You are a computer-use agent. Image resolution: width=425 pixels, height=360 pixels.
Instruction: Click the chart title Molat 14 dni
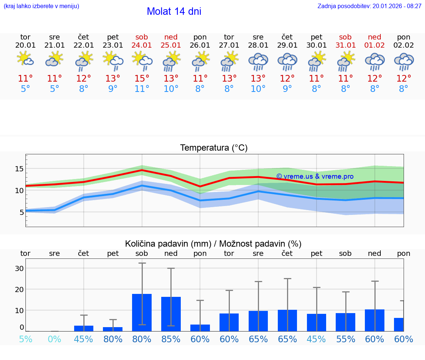tap(174, 11)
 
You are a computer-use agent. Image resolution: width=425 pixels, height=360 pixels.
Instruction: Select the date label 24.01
tap(142, 45)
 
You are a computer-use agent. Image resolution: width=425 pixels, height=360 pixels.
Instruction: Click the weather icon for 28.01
tap(258, 61)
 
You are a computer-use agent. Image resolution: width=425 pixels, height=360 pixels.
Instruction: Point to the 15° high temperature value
tap(142, 79)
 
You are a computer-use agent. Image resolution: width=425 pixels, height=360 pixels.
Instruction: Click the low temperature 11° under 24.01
tap(142, 89)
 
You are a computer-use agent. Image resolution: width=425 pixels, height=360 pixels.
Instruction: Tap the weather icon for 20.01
tap(25, 59)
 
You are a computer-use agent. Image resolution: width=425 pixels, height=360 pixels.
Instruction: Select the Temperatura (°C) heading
tap(214, 148)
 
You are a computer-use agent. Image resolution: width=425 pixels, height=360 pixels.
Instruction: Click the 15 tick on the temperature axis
tap(19, 169)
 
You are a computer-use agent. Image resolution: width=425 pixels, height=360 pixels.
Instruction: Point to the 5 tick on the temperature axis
tap(21, 212)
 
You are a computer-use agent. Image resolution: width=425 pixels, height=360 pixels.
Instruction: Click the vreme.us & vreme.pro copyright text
tap(315, 176)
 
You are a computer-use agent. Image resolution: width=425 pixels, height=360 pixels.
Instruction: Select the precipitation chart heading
tap(213, 244)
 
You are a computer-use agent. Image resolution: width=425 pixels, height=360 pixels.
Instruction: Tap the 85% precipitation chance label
tap(171, 339)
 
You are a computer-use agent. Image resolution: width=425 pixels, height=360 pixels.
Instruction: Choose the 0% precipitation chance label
tap(54, 339)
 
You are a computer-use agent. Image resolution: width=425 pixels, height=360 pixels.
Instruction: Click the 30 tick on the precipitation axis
tap(19, 268)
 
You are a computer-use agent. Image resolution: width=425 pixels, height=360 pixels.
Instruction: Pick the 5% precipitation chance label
tap(25, 339)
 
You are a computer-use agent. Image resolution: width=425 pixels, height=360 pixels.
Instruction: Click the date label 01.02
tap(374, 45)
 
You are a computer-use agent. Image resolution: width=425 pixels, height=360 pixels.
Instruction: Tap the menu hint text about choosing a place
tap(41, 6)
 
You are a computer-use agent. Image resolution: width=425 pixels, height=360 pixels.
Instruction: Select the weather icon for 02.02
tap(404, 61)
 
